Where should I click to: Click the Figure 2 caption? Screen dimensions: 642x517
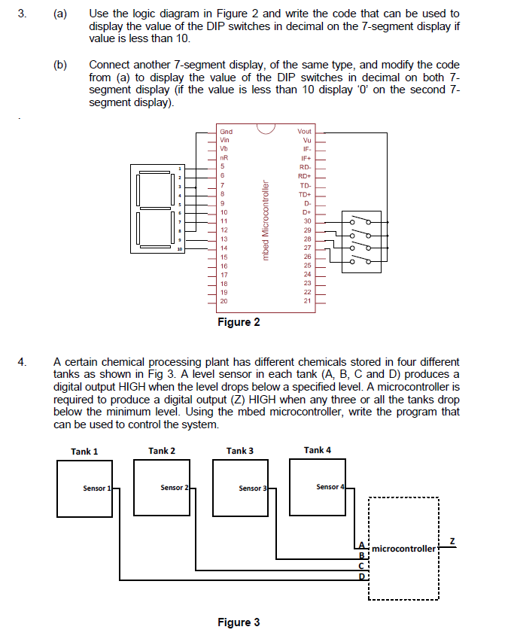pyautogui.click(x=239, y=322)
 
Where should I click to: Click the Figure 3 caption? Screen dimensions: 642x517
pyautogui.click(x=239, y=622)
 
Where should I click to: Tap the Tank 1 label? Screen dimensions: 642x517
pyautogui.click(x=84, y=451)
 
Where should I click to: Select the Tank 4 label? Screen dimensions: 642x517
pyautogui.click(x=317, y=450)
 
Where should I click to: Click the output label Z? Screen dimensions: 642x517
pyautogui.click(x=452, y=541)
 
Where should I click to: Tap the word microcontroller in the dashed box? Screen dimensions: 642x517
pyautogui.click(x=403, y=549)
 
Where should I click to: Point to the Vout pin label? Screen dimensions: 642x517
pyautogui.click(x=304, y=132)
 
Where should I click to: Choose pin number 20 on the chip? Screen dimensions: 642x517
pyautogui.click(x=224, y=301)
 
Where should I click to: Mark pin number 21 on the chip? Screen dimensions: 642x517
pyautogui.click(x=306, y=301)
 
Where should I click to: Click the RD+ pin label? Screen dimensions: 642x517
pyautogui.click(x=305, y=176)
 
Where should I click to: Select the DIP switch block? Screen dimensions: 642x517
pyautogui.click(x=361, y=239)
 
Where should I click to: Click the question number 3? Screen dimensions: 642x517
pyautogui.click(x=23, y=14)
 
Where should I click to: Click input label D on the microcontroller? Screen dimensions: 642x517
pyautogui.click(x=361, y=577)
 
